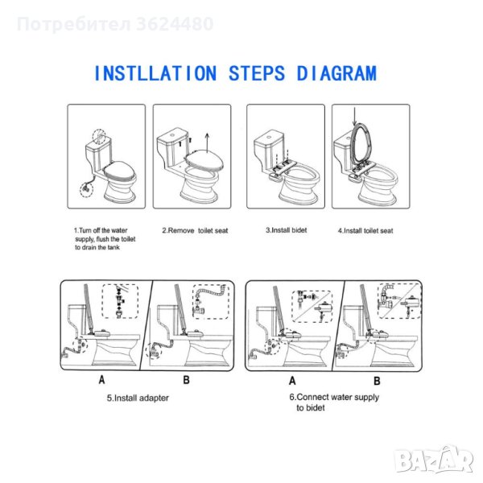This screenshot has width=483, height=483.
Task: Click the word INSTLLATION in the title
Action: [x=155, y=73]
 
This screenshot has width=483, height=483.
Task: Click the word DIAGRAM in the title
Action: [x=336, y=73]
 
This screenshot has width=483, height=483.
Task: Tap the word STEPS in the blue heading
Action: [x=257, y=73]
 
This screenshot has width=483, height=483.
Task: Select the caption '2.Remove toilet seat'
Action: [x=195, y=230]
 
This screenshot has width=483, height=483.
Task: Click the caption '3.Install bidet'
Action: [x=286, y=230]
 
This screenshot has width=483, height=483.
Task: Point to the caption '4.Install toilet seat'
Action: [x=365, y=231]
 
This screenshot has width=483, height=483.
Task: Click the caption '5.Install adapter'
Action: [x=138, y=398]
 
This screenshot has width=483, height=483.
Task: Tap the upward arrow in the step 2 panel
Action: [x=208, y=143]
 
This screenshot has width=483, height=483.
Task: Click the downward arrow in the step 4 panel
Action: [x=355, y=117]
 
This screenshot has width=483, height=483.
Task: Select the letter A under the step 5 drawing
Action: [x=102, y=380]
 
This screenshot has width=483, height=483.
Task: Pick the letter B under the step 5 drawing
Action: [x=187, y=380]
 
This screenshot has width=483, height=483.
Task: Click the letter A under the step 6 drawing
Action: [x=292, y=381]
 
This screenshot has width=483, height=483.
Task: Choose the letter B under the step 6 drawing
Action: [x=377, y=381]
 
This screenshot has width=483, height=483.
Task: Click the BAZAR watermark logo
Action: [x=434, y=459]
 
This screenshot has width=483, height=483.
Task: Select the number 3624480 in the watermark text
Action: [x=175, y=24]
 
